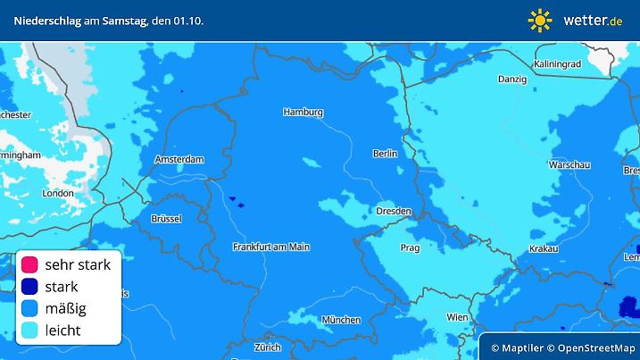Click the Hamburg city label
[x=303, y=113]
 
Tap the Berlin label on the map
[x=385, y=154]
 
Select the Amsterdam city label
[x=179, y=159]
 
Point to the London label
[x=58, y=193]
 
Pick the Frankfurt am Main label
[x=270, y=246]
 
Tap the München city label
[x=342, y=320]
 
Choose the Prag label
[x=410, y=247]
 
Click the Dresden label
[x=394, y=212]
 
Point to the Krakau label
[x=543, y=247]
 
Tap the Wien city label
[x=457, y=316]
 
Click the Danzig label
[x=512, y=80]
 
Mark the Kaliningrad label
[x=558, y=64]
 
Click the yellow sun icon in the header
[x=540, y=20]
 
